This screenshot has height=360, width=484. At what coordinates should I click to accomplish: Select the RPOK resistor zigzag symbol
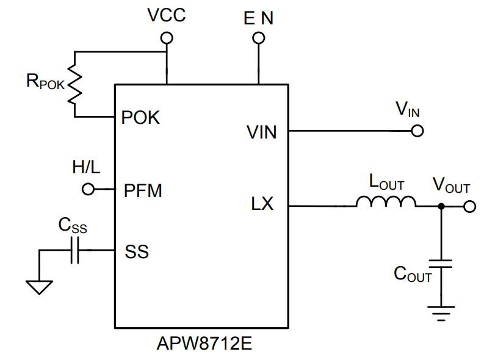(x=74, y=84)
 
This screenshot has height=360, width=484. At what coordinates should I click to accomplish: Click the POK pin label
(x=140, y=118)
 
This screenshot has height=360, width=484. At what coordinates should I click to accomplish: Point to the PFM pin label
(x=143, y=190)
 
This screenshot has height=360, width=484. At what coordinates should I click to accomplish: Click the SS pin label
(x=137, y=251)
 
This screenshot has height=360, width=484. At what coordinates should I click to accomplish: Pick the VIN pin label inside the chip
(x=261, y=132)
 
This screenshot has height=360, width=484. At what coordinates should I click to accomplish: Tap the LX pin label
(x=262, y=204)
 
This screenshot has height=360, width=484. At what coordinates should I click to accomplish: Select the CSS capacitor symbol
(x=74, y=250)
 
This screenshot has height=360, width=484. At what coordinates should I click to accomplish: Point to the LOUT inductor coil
(x=386, y=201)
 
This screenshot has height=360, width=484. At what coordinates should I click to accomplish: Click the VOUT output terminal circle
(x=469, y=206)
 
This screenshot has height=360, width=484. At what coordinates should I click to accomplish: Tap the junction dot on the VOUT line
(x=441, y=206)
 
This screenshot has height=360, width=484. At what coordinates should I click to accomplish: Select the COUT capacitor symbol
(x=441, y=264)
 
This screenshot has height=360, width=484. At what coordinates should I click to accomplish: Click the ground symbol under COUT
(x=441, y=314)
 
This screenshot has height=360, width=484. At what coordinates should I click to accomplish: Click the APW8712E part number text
(x=204, y=343)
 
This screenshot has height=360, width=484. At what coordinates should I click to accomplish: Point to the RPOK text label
(x=45, y=81)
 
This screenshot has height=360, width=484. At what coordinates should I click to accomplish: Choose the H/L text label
(x=86, y=167)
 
